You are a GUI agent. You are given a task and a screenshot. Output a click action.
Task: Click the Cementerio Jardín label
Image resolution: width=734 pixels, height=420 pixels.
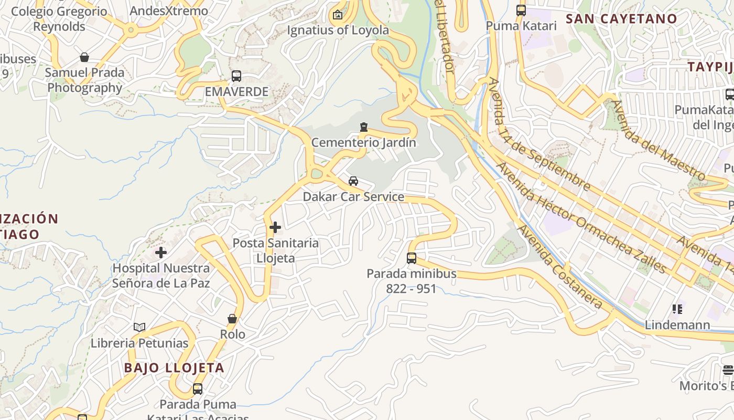pos(363,142)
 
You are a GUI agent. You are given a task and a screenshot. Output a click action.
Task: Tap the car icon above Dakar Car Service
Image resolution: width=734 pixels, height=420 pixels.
pos(353,181)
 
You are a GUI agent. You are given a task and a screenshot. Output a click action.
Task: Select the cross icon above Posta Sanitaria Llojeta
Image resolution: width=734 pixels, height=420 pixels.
pos(275,227)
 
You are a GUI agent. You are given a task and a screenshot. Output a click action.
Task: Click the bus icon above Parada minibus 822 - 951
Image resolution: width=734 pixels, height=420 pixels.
pos(412,258)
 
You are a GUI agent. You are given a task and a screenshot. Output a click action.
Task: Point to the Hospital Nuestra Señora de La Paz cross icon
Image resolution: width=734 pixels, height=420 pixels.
pos(161,253)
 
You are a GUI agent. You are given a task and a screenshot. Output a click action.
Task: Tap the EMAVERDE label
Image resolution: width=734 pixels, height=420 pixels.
pos(236,92)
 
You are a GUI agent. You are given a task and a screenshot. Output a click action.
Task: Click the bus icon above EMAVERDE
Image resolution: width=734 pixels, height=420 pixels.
pos(236,76)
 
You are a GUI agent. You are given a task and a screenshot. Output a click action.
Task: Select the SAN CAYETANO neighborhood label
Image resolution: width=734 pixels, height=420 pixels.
pos(621,19)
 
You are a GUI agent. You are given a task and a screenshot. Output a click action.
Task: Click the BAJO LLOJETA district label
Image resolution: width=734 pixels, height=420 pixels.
pos(174,367)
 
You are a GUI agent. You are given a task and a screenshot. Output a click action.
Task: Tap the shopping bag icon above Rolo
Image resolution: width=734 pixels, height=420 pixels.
pos(232,319)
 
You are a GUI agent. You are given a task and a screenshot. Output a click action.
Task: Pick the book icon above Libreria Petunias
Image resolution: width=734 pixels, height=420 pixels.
pos(139,328)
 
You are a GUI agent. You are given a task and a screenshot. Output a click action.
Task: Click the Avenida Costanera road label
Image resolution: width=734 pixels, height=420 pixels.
pos(560,267)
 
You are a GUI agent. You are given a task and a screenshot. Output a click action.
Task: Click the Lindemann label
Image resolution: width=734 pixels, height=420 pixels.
pos(677,325)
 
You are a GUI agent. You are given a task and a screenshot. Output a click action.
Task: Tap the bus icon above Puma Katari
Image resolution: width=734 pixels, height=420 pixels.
pos(521,10)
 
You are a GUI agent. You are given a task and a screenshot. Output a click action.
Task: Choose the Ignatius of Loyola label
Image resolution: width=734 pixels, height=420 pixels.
pos(338,30)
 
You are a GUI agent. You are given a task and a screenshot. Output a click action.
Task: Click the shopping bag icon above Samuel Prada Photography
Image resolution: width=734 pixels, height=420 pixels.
pos(84,57)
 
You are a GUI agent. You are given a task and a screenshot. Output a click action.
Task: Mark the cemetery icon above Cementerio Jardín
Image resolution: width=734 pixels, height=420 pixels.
pos(363,127)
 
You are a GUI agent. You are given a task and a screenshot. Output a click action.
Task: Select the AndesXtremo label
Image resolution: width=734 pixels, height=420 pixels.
pos(169,10)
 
